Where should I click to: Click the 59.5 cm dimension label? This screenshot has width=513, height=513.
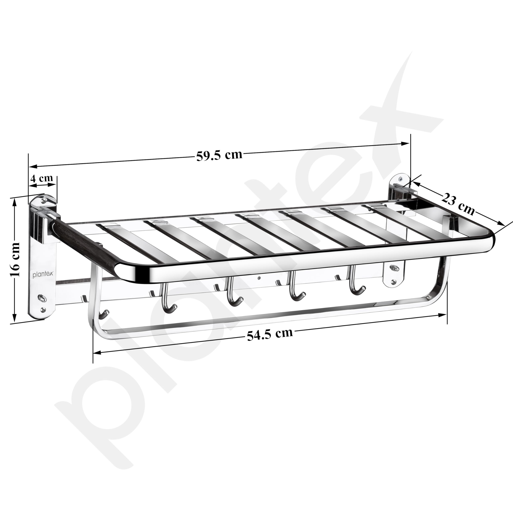click(x=219, y=155)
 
